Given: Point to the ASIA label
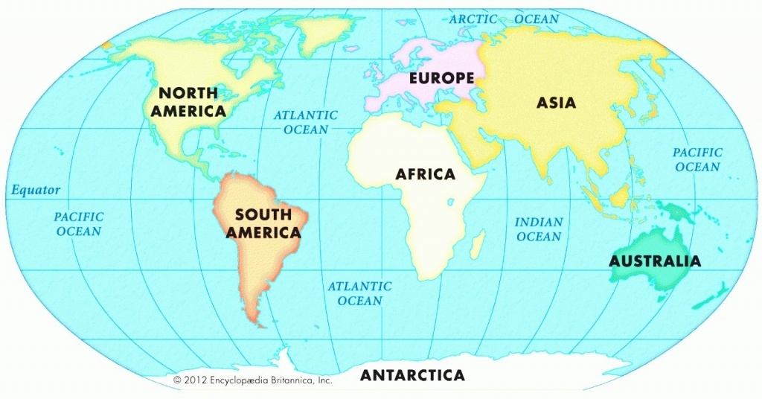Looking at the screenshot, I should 556,102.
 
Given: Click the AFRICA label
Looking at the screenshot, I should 425,174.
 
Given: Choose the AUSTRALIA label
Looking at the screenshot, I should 654,261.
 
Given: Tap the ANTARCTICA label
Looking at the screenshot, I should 412,375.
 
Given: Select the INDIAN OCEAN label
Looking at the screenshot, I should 539,229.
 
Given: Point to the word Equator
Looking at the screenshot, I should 36,190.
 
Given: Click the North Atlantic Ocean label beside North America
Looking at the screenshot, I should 305,122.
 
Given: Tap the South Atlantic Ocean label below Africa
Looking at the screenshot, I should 360,293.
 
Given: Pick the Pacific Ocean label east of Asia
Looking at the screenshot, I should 697,160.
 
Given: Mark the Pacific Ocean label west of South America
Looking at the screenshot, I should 79,224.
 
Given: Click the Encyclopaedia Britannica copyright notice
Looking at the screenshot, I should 252,380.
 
